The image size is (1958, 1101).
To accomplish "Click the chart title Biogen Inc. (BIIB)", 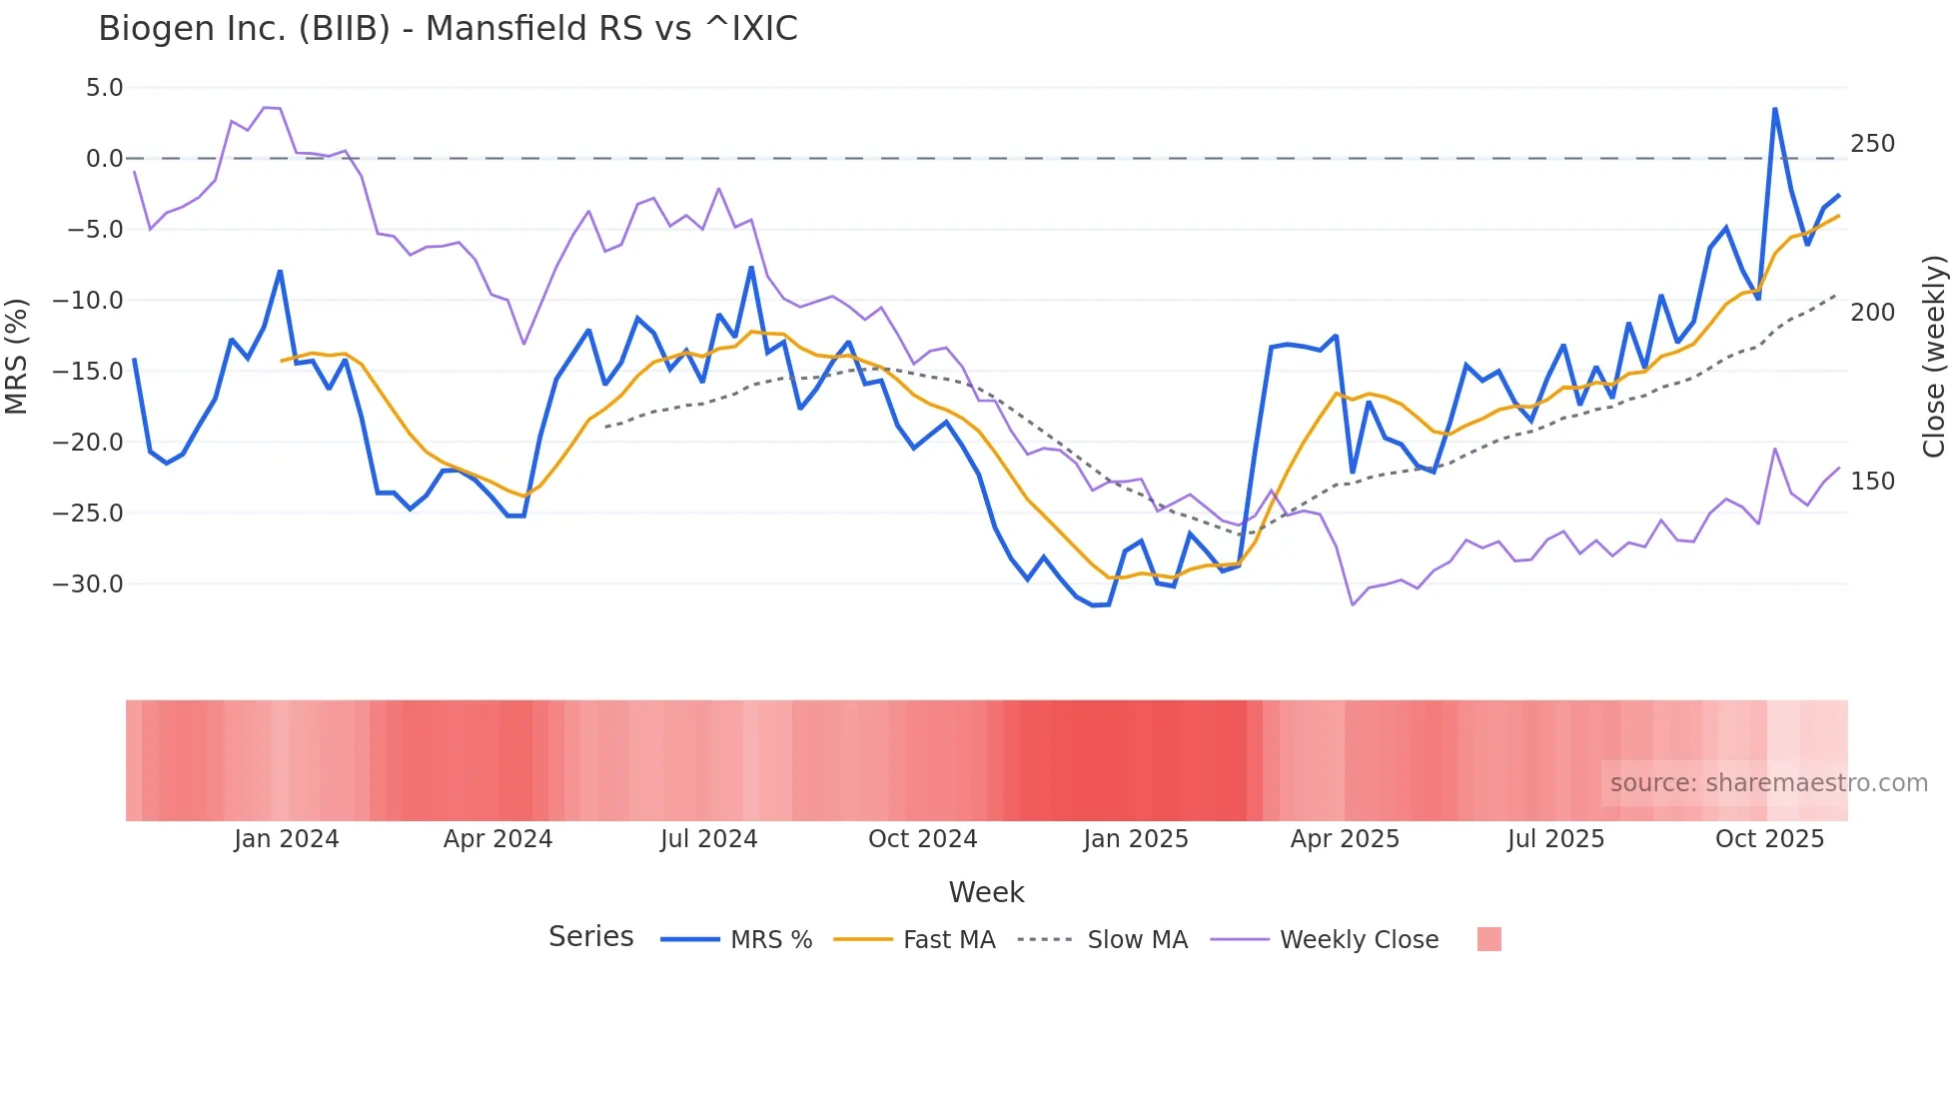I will tap(448, 29).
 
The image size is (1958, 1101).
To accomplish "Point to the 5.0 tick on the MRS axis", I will tap(104, 88).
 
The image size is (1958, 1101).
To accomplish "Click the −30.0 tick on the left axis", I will tap(88, 583).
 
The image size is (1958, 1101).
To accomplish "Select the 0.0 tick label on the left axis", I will tap(104, 159).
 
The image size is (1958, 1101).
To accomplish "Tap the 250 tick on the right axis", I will tap(1872, 144).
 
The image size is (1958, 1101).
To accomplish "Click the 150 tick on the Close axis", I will tap(1872, 482).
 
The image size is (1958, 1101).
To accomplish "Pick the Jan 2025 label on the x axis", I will tap(1136, 839).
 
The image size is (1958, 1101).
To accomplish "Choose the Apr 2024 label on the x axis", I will tap(497, 839).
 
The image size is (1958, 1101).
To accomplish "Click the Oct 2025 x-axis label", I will tap(1769, 839).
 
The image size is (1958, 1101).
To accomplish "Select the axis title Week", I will tap(986, 892).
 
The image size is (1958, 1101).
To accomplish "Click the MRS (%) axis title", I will tap(16, 357).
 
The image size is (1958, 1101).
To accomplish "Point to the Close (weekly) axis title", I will tap(1934, 357).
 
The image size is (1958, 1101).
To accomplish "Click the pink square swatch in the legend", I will tap(1488, 939).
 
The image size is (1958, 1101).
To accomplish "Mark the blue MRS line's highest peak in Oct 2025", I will tap(1775, 108).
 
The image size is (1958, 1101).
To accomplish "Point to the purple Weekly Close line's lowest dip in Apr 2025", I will tap(1353, 604).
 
